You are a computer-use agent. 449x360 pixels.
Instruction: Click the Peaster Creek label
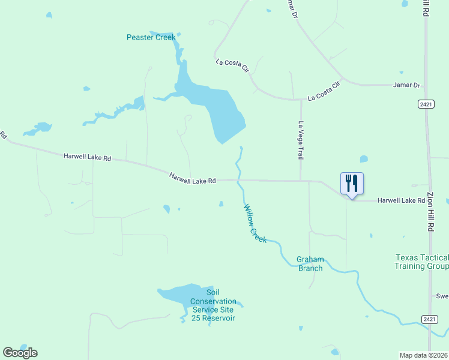click(151, 37)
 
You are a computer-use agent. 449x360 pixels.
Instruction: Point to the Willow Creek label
click(255, 223)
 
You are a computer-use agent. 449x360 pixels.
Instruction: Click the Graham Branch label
click(310, 264)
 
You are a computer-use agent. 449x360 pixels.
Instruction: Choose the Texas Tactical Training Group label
click(421, 262)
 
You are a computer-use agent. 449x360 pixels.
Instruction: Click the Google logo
click(20, 353)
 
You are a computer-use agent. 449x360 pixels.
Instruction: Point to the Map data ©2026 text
click(424, 355)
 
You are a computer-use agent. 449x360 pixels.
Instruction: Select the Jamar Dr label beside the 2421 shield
click(406, 85)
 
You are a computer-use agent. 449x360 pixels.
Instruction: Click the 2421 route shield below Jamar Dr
click(426, 104)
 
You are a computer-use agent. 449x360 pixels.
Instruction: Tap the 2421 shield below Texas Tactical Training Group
click(429, 319)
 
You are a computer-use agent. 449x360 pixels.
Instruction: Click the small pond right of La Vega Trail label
click(364, 159)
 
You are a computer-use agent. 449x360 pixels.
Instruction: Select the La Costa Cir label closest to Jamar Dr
click(324, 91)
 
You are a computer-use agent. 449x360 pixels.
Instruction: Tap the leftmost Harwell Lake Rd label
click(88, 158)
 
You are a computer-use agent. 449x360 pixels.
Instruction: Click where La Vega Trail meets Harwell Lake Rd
click(301, 180)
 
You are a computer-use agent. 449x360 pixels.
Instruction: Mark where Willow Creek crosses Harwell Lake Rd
click(238, 179)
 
